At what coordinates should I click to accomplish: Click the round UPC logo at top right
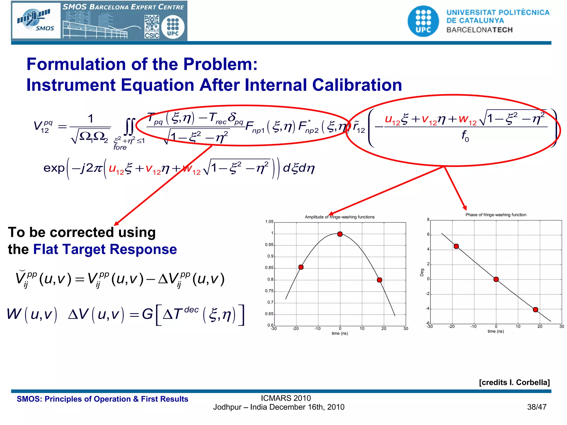(423, 21)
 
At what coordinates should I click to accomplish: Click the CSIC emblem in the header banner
(152, 27)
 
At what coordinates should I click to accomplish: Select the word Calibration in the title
(357, 85)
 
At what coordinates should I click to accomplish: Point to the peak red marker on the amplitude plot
(340, 234)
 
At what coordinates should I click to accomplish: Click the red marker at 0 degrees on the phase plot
(496, 279)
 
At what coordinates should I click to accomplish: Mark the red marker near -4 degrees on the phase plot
(535, 310)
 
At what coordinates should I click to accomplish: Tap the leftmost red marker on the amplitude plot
(301, 267)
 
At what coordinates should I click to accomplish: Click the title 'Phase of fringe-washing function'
(496, 215)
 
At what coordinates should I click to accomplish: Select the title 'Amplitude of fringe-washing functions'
(340, 217)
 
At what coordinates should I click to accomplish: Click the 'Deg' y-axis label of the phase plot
(422, 272)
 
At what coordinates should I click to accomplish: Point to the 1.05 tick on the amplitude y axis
(269, 222)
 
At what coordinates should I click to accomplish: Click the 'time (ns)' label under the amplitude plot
(340, 333)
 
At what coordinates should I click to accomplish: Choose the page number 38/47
(537, 407)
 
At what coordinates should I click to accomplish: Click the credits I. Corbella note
(514, 382)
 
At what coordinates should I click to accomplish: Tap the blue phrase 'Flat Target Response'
(105, 249)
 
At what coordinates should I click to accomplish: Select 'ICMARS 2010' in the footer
(286, 398)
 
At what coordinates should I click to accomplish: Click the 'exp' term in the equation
(54, 168)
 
